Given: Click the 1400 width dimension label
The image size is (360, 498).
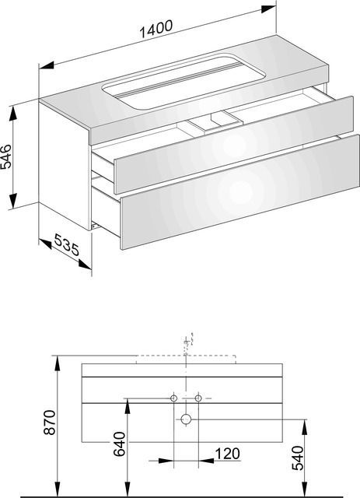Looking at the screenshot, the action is tap(156, 29).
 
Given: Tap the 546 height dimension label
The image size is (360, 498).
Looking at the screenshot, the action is tap(6, 156).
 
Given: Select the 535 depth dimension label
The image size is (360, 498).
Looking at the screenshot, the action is tap(66, 244).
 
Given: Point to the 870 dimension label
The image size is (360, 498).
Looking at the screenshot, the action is tap(50, 423).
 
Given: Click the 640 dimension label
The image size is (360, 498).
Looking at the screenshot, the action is tap(120, 444).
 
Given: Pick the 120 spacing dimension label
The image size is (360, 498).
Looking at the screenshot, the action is tap(228, 454).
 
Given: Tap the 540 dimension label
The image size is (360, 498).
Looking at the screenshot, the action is tap(298, 458).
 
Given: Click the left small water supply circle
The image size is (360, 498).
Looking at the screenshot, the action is tap(173, 398).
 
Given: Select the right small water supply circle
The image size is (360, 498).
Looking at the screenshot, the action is tap(198, 398).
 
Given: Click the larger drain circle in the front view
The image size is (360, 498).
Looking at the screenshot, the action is tap(186, 419).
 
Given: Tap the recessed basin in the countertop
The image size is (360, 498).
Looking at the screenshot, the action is tap(183, 81).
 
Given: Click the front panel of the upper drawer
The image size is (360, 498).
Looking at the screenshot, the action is tap(234, 145).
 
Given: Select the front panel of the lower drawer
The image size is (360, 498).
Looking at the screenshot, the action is tap(240, 192).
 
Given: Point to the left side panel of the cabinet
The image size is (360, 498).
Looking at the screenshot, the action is tap(65, 165).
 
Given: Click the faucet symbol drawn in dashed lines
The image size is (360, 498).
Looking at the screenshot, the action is tap(187, 344).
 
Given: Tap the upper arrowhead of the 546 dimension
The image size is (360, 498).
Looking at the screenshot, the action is tap(12, 114).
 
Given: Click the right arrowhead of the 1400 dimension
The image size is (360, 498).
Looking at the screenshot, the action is tap(268, 9).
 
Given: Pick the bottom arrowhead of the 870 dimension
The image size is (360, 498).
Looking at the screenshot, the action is tap(57, 489).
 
